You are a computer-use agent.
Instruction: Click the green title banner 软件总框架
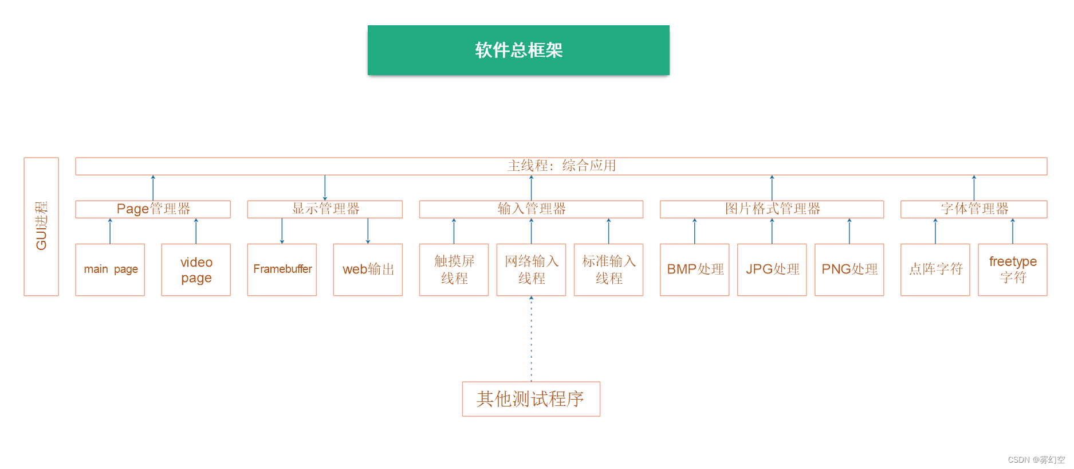coord(518,50)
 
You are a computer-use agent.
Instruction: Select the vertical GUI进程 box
coord(41,226)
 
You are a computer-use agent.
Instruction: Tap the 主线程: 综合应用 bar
coord(561,166)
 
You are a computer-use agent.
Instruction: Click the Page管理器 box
coord(153,209)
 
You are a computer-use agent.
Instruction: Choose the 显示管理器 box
coord(325,209)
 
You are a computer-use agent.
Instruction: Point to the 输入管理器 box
coord(531,209)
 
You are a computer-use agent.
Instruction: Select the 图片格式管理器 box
coord(772,209)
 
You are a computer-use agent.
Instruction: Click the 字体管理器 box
coord(974,209)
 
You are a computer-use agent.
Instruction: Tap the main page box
coord(110,269)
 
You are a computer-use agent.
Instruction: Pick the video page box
coord(196,269)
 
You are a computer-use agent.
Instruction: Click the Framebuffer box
coord(282,269)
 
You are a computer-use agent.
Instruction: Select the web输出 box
coord(368,269)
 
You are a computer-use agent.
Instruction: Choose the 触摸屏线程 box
coord(454,269)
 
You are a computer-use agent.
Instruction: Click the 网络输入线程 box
coord(531,269)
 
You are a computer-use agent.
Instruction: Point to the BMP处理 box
coord(694,269)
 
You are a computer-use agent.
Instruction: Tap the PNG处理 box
coord(849,269)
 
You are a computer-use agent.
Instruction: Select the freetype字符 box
coord(1012,269)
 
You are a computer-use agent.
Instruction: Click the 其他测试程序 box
coord(531,399)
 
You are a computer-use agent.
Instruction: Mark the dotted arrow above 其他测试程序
coord(531,338)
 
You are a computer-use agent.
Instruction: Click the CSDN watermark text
coord(1036,460)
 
